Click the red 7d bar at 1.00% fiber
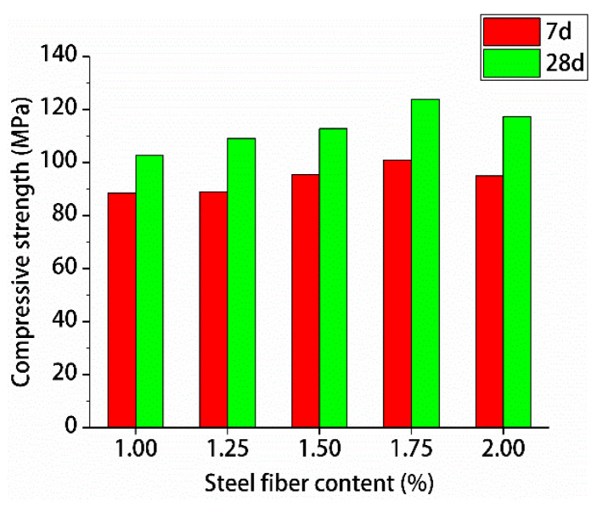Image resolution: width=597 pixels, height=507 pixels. click(x=122, y=310)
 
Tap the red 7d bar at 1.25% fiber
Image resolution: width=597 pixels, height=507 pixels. click(x=214, y=310)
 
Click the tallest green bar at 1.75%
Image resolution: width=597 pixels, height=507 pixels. click(x=425, y=263)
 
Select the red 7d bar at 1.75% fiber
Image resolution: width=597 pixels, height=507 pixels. click(x=397, y=294)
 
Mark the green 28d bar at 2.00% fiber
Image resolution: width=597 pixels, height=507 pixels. click(x=517, y=272)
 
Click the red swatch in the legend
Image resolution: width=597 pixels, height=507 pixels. click(x=511, y=31)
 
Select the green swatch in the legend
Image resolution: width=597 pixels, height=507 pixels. click(x=511, y=64)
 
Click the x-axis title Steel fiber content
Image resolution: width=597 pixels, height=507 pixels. click(x=318, y=484)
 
